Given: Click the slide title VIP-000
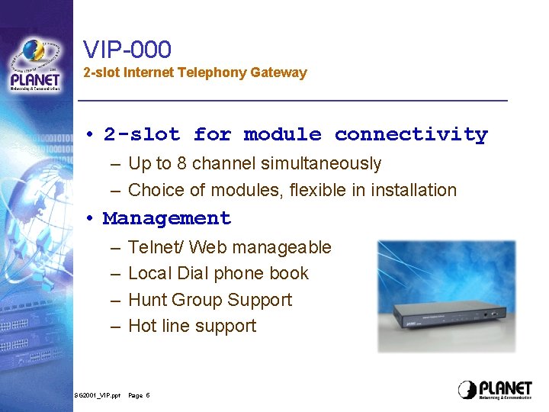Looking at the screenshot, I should point(127,50).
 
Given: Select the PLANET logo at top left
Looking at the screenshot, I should point(35,66).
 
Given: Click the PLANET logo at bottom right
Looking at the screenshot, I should point(495,389).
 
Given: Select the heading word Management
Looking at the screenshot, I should point(167,218).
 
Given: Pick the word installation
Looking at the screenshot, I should point(413,190).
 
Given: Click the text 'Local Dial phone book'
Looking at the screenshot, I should point(218,273).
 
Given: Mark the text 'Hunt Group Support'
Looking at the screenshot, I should point(210,300).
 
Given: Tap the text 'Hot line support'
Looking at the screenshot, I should point(192,326).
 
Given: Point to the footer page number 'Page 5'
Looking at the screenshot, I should point(139,395).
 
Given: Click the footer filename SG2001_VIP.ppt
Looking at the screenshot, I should point(98,395).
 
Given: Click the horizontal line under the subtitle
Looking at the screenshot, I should point(293,101).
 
